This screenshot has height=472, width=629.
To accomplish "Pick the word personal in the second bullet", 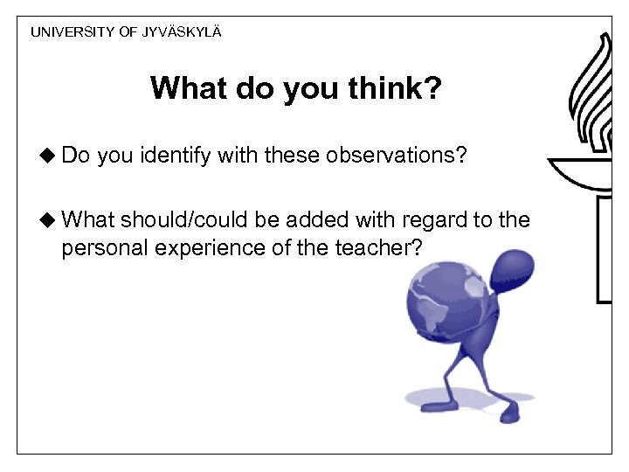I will tap(105, 248).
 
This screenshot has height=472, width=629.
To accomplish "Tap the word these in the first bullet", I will tap(294, 156).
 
